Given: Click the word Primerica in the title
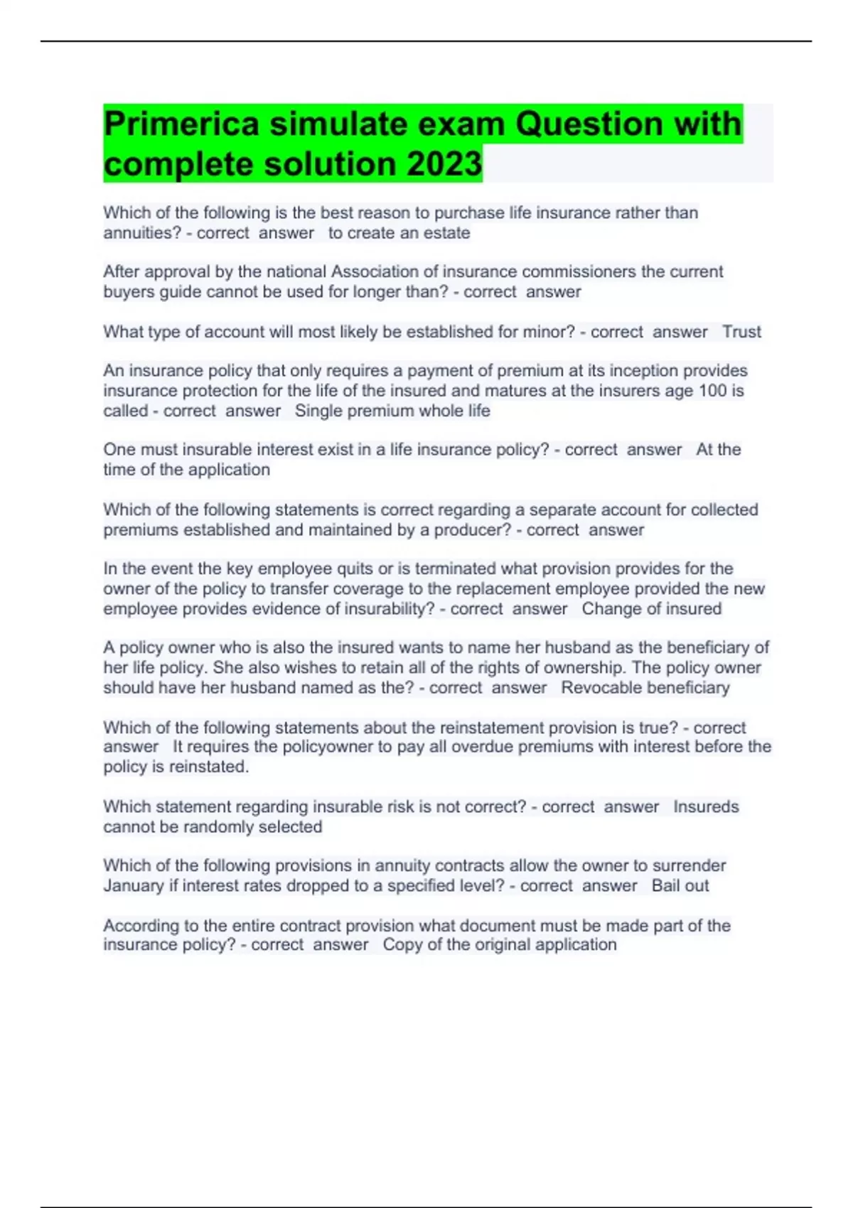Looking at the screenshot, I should coord(181,124).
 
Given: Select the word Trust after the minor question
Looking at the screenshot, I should coord(741,332).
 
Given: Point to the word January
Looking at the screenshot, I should coord(133,886).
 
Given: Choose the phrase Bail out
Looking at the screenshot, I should coord(680,886).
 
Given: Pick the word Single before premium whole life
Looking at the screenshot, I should coord(317,411).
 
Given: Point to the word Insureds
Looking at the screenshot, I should coord(706,807).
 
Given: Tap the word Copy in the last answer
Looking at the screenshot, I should coord(399,945).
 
